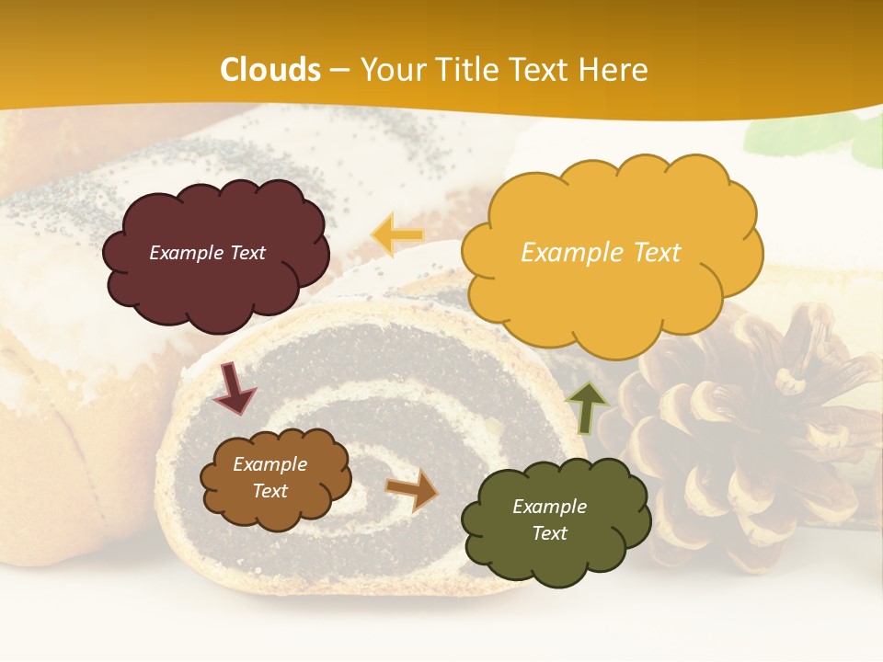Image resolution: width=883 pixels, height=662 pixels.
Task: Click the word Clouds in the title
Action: click(270, 70)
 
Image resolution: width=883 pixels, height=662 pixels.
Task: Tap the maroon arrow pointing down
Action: click(234, 388)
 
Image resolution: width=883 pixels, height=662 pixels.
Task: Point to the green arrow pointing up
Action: click(588, 406)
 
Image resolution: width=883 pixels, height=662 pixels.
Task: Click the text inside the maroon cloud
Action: click(207, 253)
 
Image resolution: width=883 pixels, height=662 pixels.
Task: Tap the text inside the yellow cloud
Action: click(601, 253)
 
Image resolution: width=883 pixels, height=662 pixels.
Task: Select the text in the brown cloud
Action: click(270, 478)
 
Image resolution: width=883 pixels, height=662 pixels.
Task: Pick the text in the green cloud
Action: click(549, 519)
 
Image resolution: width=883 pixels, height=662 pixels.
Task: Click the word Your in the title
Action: click(389, 70)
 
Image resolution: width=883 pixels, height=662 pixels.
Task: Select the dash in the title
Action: click(339, 71)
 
